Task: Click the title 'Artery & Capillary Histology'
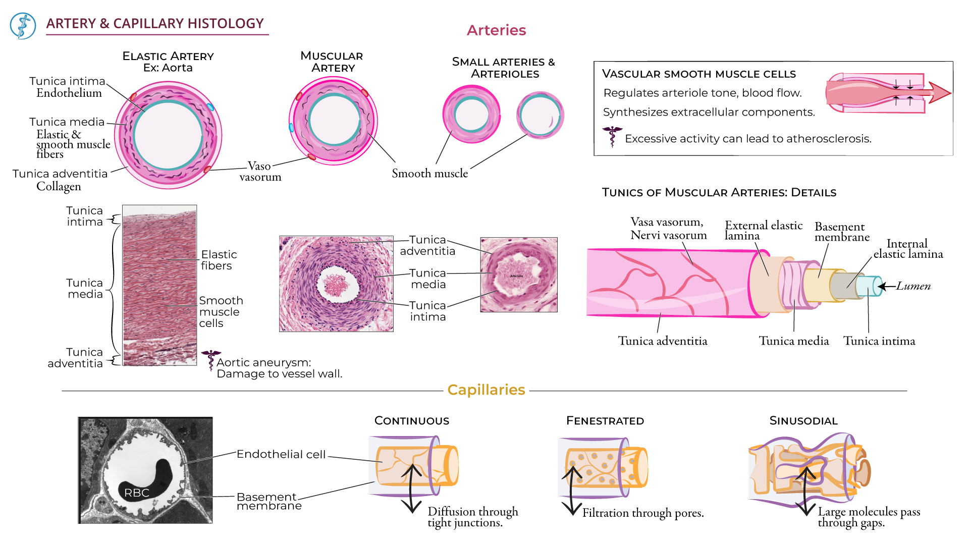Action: point(155,24)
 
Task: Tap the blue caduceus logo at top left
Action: point(23,26)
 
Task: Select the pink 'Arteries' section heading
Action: point(496,30)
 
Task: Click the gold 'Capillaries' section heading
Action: point(486,390)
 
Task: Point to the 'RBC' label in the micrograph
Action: point(137,493)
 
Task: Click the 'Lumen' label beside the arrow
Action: point(913,286)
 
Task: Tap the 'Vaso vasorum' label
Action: point(260,172)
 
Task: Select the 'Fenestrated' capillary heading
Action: point(605,421)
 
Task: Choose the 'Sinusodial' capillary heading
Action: point(803,421)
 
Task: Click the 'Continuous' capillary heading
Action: point(412,421)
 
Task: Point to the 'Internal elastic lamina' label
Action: point(908,249)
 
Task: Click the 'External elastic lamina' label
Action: point(763,231)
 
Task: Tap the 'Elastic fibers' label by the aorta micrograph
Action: point(219,260)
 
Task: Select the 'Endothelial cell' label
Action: point(281,454)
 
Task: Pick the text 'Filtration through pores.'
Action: point(643,513)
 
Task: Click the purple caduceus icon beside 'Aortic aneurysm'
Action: point(210,360)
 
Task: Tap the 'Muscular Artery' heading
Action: point(332,62)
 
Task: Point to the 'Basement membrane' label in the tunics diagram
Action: point(842,232)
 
